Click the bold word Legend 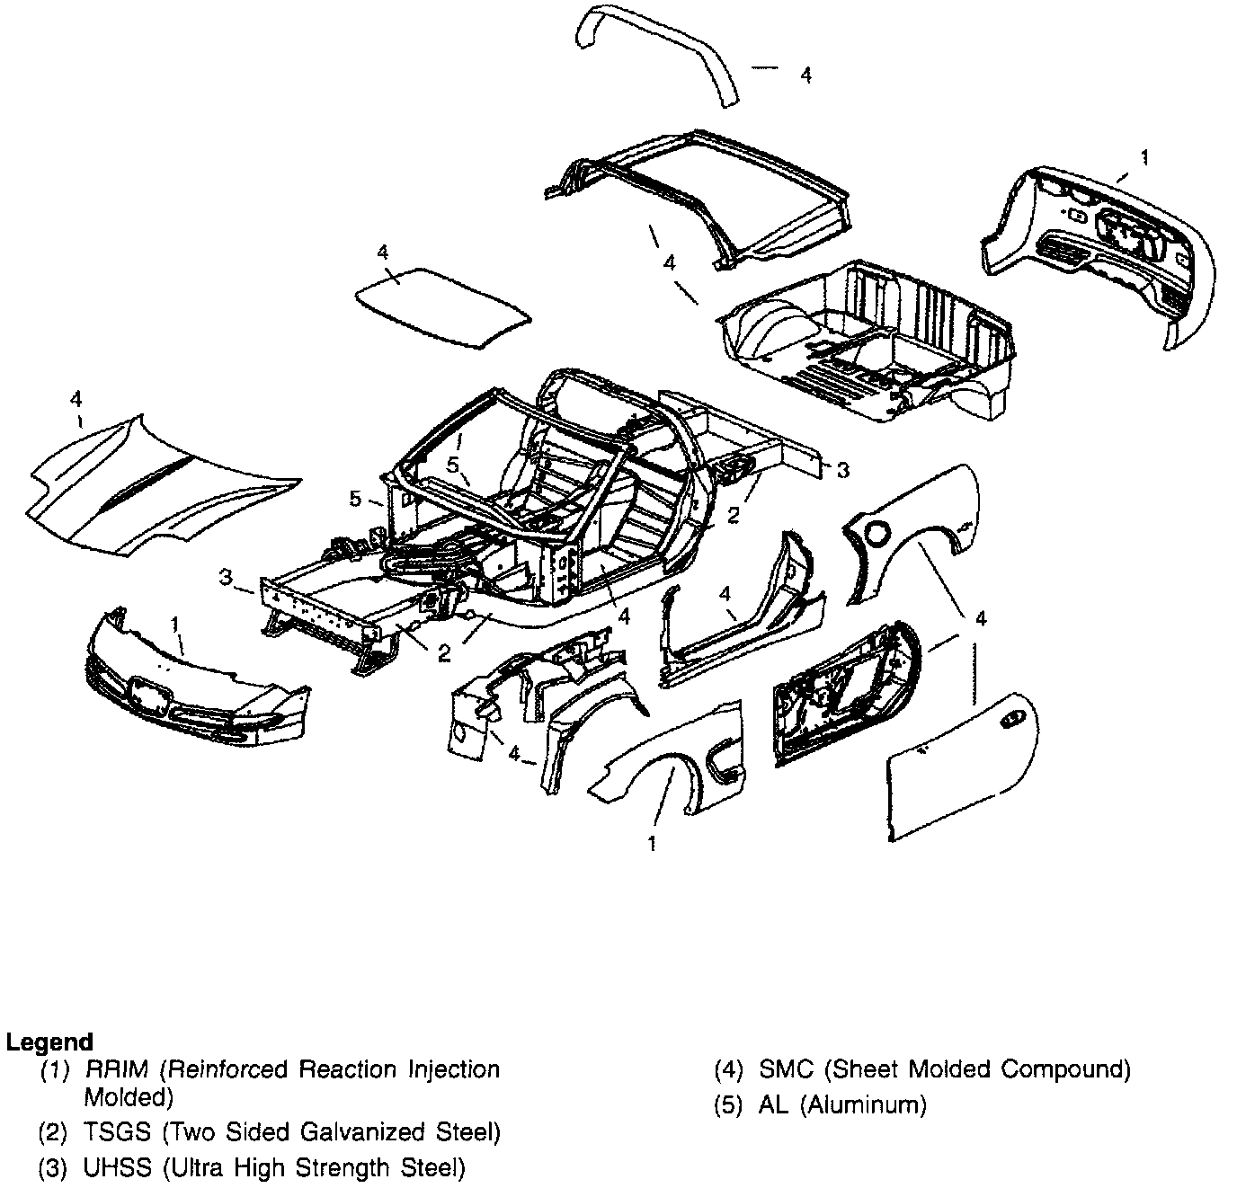49,1042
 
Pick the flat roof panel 441,301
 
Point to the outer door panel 957,764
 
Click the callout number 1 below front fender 652,843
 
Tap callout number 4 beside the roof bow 805,75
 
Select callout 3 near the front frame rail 227,576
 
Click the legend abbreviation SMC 786,1069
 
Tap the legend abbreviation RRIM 118,1069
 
